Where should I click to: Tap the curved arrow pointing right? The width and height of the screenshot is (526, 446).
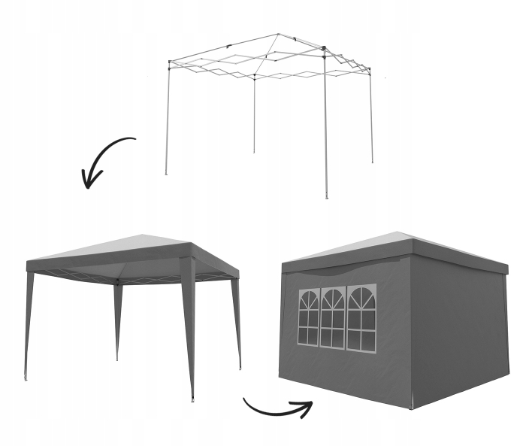point(275,411)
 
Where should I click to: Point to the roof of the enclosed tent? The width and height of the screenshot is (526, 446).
point(398,247)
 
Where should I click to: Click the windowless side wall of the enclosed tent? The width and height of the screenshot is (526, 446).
point(458,331)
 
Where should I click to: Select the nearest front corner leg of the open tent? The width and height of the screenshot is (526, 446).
point(189,331)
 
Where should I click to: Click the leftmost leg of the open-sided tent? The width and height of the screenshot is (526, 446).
point(29,323)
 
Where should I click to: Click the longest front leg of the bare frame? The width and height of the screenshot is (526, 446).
point(325,128)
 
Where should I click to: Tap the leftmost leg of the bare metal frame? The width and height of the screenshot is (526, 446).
point(167,120)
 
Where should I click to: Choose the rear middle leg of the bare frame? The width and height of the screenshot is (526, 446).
point(254,113)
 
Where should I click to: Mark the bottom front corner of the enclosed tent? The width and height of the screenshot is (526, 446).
point(412,407)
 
